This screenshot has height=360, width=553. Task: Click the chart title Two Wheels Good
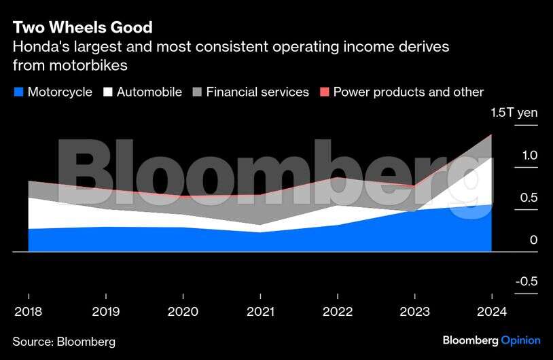(x=82, y=28)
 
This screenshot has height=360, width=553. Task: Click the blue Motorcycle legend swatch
(x=18, y=92)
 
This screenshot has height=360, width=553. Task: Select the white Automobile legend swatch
(x=107, y=92)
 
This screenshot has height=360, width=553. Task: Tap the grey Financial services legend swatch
(x=197, y=92)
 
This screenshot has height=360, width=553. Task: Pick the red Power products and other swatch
(x=324, y=92)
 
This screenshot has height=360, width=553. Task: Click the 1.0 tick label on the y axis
(x=529, y=156)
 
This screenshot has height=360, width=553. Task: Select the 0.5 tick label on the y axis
(x=529, y=198)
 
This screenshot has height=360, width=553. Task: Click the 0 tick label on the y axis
(x=534, y=240)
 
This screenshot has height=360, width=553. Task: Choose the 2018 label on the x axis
(x=28, y=312)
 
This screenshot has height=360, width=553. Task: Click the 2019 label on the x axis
(x=105, y=312)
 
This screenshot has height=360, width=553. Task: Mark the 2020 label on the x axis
(x=183, y=312)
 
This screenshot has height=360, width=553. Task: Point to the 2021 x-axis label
(x=260, y=312)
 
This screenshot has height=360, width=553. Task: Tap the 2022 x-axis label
(x=338, y=312)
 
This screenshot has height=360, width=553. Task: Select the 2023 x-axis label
(x=414, y=312)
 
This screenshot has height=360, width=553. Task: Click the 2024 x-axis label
(x=491, y=312)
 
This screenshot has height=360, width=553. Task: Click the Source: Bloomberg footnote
(x=64, y=341)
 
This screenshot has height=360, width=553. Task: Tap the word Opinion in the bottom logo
(x=520, y=340)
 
